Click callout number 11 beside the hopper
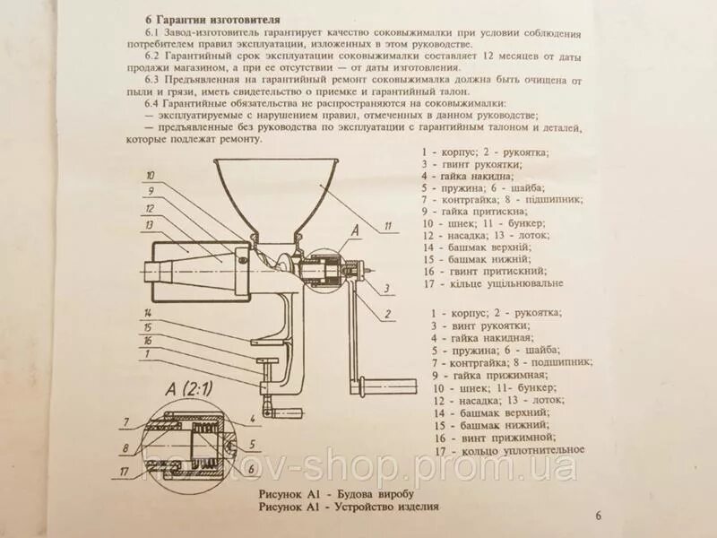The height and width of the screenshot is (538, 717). [x=388, y=226]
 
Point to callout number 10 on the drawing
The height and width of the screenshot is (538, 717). [x=151, y=176]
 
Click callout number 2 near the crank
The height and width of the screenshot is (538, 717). [x=386, y=314]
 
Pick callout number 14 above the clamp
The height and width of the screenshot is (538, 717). [x=147, y=312]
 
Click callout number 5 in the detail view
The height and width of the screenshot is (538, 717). [x=254, y=444]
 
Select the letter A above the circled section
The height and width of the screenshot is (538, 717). [x=354, y=230]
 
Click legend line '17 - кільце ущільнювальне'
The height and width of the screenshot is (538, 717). [x=495, y=282]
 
